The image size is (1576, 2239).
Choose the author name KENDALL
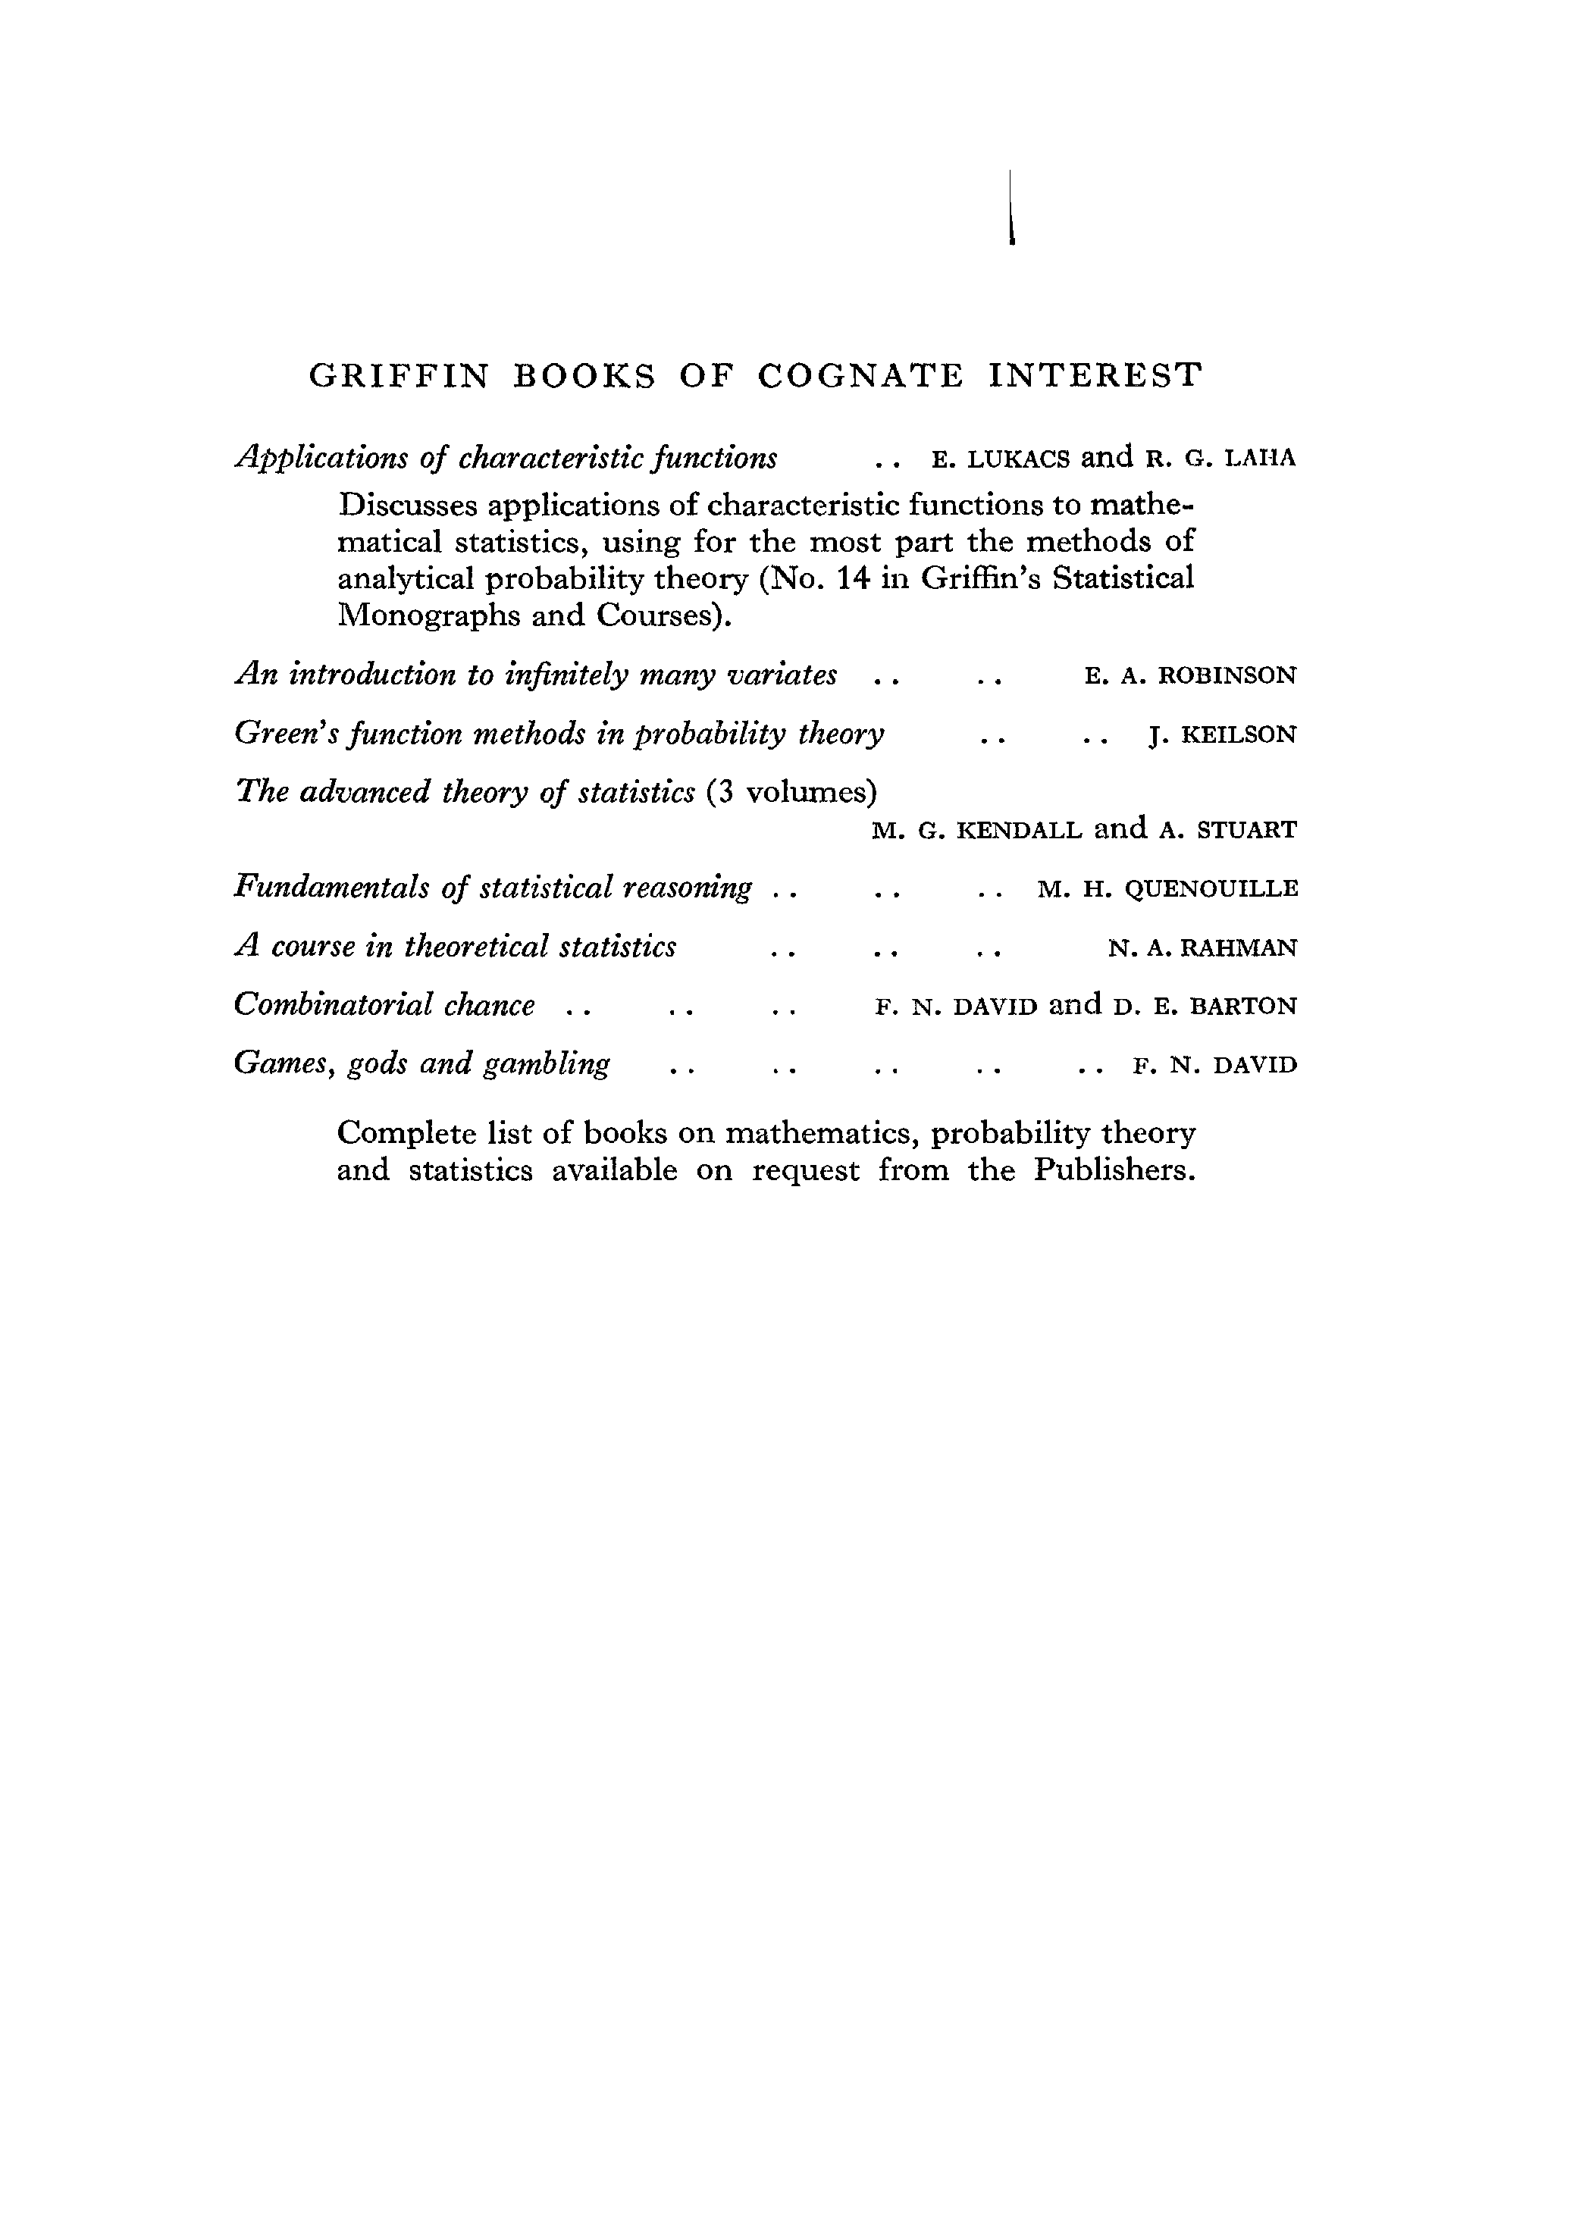[1018, 831]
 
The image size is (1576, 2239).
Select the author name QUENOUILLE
[1211, 889]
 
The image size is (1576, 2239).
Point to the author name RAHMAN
[1238, 948]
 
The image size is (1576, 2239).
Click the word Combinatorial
[333, 1005]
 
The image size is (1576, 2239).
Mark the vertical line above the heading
[1011, 207]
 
